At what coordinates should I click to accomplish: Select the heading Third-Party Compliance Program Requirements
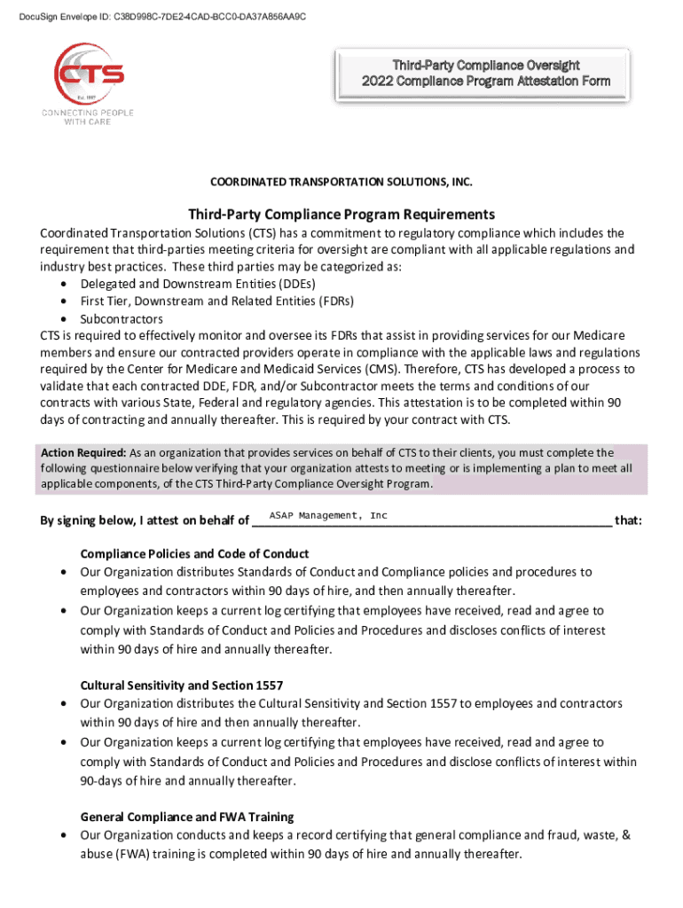coord(341,215)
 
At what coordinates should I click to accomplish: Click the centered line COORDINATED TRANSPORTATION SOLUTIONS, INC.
coord(341,182)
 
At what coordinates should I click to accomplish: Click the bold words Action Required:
coord(82,452)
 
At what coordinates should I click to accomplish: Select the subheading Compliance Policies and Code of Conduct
coord(194,553)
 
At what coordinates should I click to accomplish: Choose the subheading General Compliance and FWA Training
coord(187,816)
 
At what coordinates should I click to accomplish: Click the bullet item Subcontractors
coord(122,318)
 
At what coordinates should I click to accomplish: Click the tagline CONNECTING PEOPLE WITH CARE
coord(86,118)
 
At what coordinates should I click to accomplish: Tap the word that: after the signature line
coord(628,521)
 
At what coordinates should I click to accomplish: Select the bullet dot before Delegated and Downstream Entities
coord(65,284)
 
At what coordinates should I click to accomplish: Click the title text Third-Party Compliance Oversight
coord(486,65)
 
